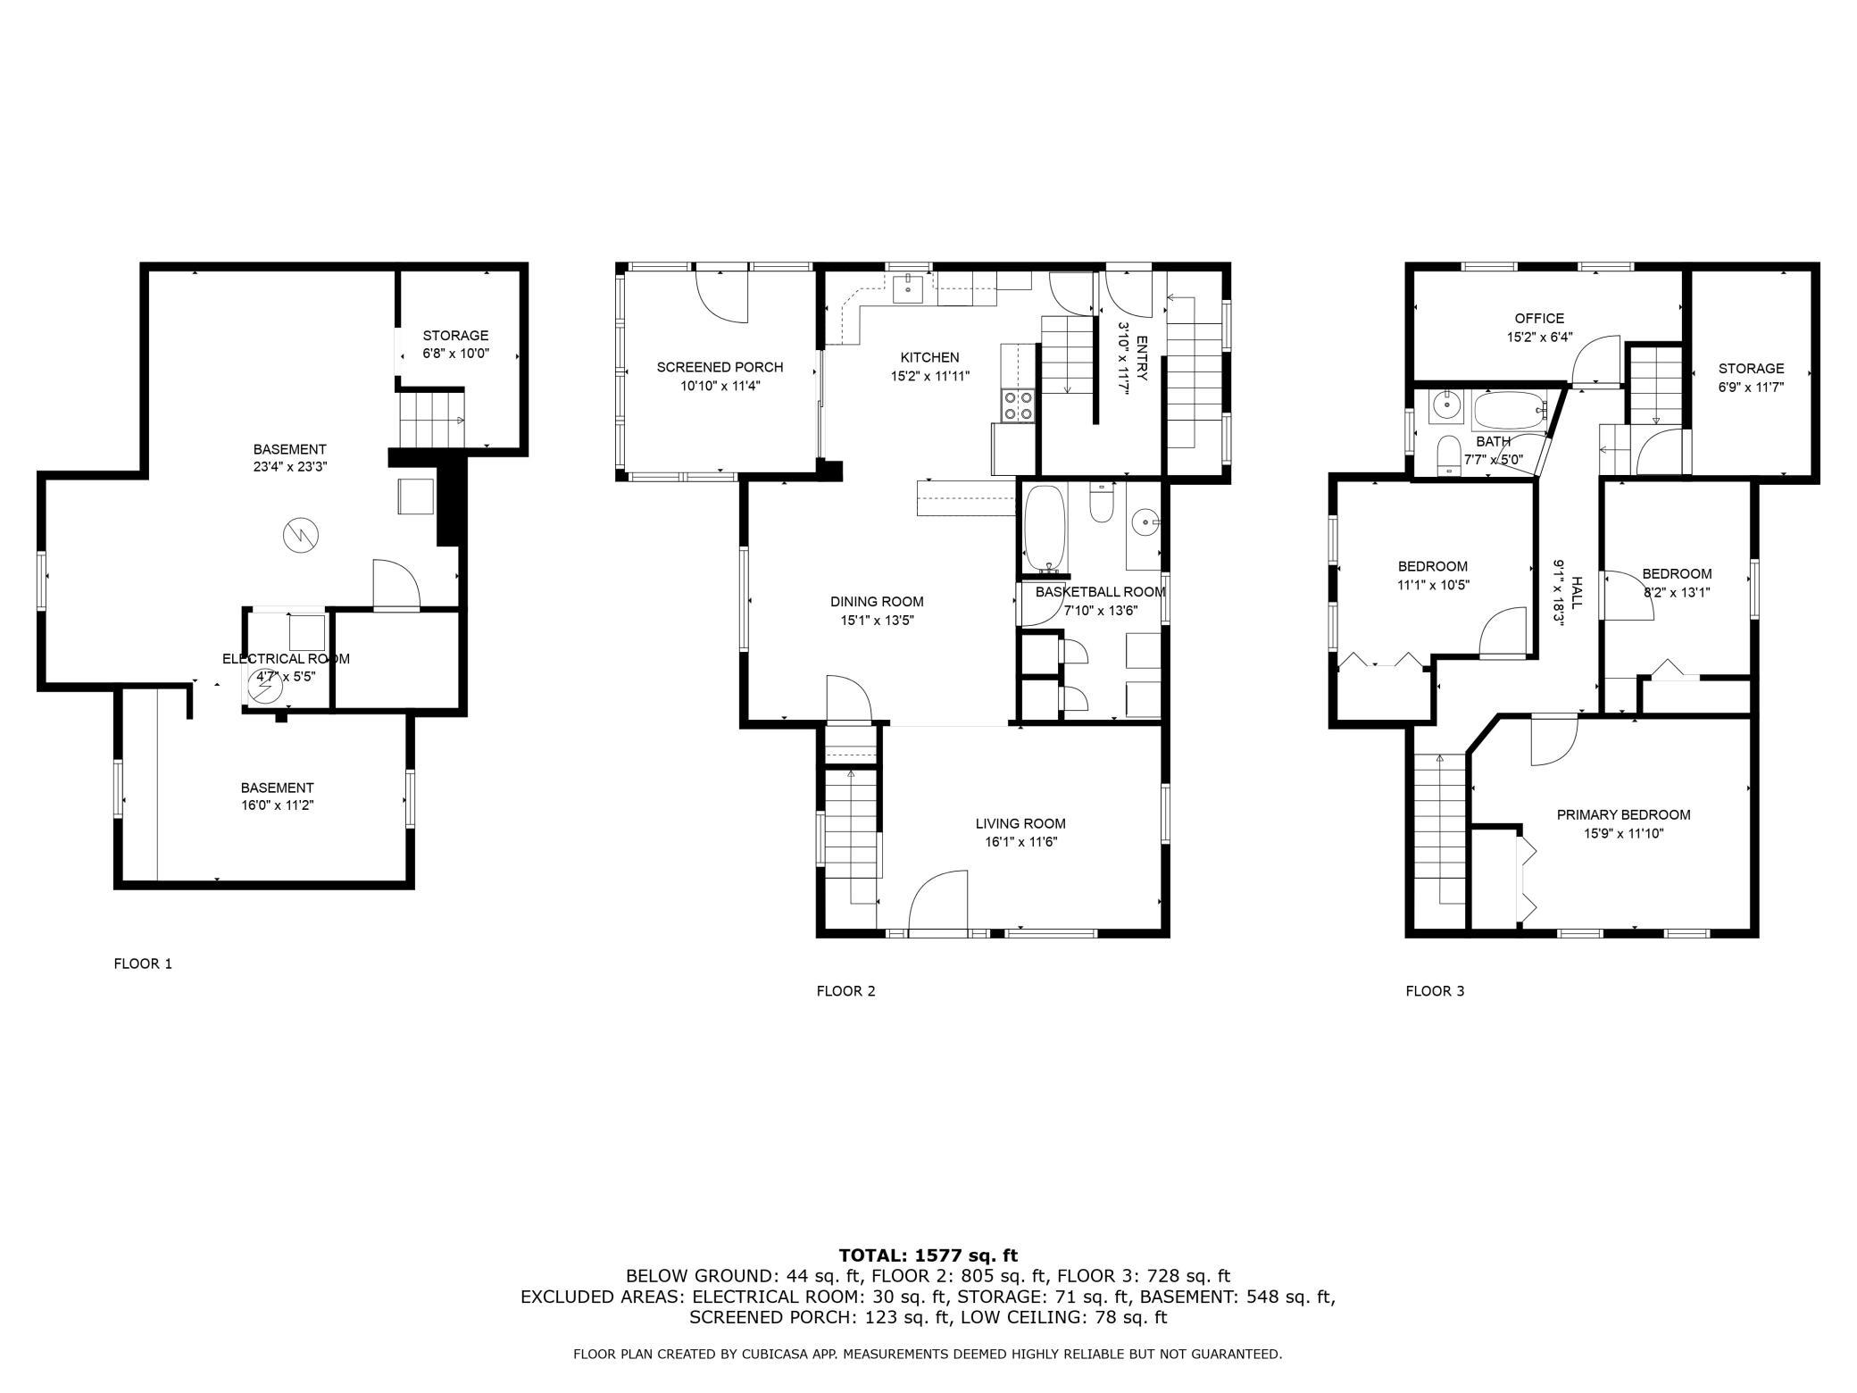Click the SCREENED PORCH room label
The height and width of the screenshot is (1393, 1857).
(x=720, y=367)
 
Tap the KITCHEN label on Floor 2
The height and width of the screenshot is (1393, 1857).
(x=929, y=357)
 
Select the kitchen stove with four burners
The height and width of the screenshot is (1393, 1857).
(x=1018, y=405)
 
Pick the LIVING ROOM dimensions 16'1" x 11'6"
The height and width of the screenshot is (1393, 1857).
(x=1020, y=841)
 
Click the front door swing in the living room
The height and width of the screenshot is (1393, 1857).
(x=938, y=902)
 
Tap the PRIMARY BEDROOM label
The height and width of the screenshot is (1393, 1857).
(x=1623, y=814)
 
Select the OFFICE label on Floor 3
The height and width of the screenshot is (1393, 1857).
(x=1539, y=319)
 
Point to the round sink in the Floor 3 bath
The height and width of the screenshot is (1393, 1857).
(x=1445, y=407)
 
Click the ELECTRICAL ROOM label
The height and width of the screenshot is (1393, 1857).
(x=286, y=659)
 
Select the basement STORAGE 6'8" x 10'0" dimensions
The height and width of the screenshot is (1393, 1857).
(x=455, y=354)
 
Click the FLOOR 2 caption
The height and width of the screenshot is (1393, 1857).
(x=845, y=991)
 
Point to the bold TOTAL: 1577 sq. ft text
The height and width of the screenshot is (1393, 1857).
(x=928, y=1255)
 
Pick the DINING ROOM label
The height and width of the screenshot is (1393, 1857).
(x=877, y=602)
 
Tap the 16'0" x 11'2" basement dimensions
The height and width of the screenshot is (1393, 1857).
(x=277, y=805)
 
